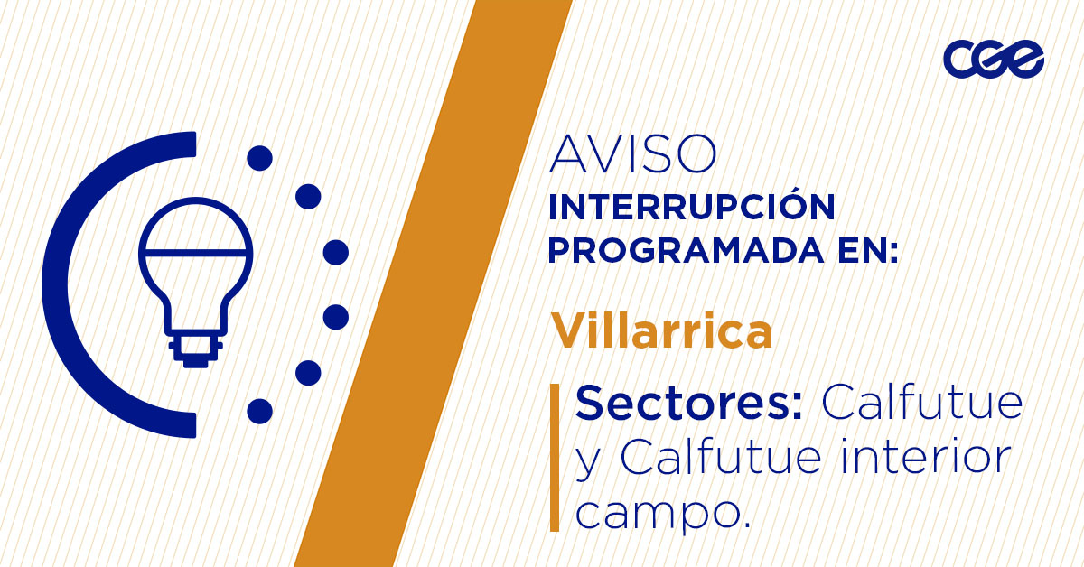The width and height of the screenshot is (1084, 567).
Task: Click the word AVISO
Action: (632, 155)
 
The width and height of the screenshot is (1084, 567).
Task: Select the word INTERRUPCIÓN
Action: (691, 207)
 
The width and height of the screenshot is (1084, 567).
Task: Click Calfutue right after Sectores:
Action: (921, 402)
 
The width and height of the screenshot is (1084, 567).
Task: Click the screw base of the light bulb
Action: (193, 348)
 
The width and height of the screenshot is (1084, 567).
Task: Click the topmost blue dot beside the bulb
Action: (259, 158)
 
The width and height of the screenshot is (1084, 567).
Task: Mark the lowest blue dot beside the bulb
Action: (259, 411)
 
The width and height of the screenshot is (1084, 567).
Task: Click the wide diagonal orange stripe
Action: (434, 283)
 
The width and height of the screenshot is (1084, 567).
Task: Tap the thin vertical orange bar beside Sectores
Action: (555, 457)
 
